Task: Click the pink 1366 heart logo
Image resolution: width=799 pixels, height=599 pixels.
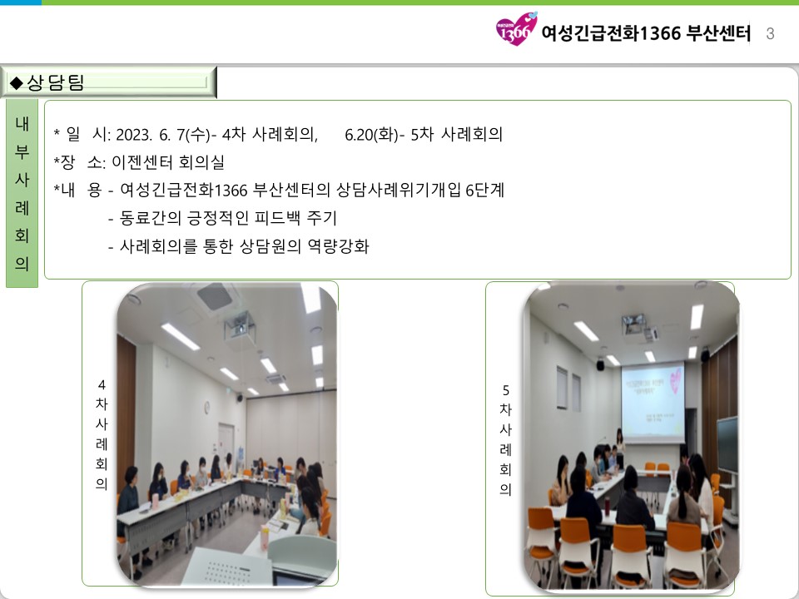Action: pyautogui.click(x=516, y=28)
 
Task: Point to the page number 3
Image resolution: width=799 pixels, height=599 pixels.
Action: pyautogui.click(x=770, y=33)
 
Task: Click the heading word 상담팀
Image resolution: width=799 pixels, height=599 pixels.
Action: pyautogui.click(x=55, y=82)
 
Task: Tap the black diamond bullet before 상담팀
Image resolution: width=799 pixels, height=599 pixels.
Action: pyautogui.click(x=17, y=82)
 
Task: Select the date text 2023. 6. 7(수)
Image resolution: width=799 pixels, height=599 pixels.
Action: pyautogui.click(x=163, y=135)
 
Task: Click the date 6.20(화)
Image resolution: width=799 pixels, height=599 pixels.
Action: pyautogui.click(x=372, y=135)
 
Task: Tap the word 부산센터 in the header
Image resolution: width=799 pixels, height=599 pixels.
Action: pyautogui.click(x=718, y=33)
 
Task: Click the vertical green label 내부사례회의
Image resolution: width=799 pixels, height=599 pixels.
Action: pyautogui.click(x=22, y=194)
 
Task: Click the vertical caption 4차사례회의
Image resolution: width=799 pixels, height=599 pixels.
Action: pyautogui.click(x=102, y=434)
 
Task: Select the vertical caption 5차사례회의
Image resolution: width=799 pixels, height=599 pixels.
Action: pyautogui.click(x=505, y=440)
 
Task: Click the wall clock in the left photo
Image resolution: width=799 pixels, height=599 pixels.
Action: pyautogui.click(x=207, y=407)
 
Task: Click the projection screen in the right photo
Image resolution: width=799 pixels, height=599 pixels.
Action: pyautogui.click(x=653, y=401)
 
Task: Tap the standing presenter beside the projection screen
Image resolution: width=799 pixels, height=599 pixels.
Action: pyautogui.click(x=619, y=448)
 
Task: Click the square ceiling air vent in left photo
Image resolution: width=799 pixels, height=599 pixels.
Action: pyautogui.click(x=215, y=295)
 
